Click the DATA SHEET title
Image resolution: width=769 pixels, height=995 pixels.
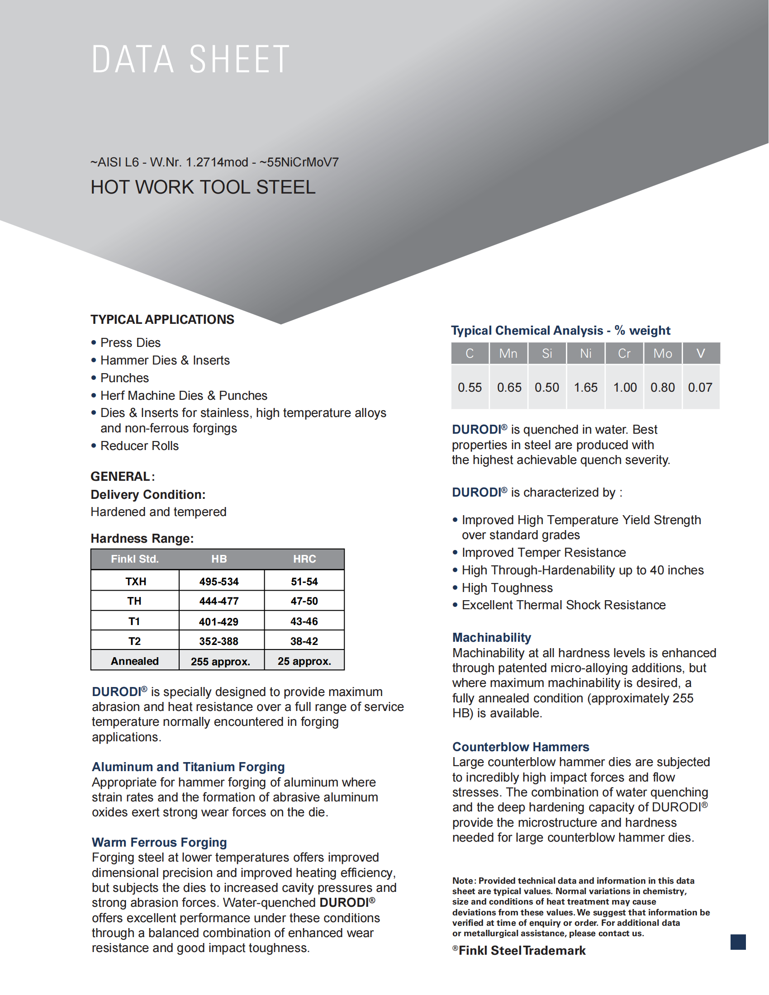point(190,59)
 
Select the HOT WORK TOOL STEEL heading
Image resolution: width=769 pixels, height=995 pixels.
point(203,187)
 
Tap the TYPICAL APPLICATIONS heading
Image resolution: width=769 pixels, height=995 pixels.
point(162,319)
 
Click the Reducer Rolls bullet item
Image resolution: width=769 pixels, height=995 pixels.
point(139,445)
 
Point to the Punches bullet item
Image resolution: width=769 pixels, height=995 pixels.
point(124,378)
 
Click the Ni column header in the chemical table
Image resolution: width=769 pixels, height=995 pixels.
point(585,353)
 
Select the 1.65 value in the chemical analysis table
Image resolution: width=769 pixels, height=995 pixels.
point(585,387)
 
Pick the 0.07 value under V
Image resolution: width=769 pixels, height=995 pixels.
point(700,387)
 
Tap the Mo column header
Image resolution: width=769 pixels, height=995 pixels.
point(662,353)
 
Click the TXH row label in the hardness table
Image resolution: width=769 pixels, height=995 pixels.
point(135,581)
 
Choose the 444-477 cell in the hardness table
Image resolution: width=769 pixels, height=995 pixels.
point(218,601)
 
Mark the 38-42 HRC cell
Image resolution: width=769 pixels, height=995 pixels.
point(304,641)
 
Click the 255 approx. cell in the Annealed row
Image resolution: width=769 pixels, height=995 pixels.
point(220,661)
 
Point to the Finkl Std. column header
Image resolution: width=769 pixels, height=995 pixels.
point(135,559)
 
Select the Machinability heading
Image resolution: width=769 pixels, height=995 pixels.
point(492,637)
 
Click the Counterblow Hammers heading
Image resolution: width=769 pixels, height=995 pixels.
point(520,747)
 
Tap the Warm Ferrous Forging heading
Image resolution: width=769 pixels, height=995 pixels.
point(159,842)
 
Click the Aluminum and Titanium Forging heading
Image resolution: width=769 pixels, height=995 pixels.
point(188,767)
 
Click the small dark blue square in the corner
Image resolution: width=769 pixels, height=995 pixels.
point(738,942)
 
